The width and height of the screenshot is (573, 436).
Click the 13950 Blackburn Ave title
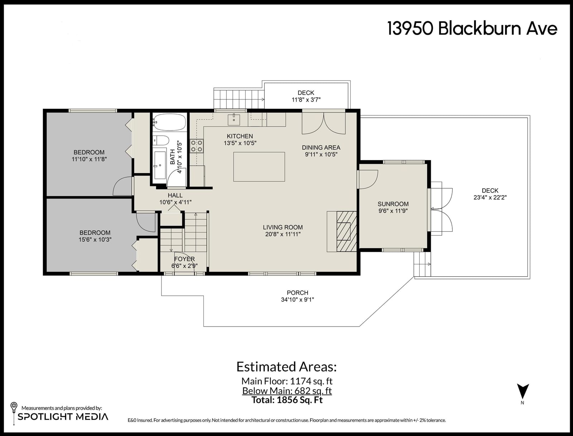point(472,28)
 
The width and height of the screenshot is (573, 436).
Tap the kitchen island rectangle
point(259,167)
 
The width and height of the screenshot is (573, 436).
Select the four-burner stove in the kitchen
point(197,146)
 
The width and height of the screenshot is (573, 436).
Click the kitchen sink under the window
point(233,119)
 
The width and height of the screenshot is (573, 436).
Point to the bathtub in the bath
point(169,122)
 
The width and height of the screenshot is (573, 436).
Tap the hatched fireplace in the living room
point(346,231)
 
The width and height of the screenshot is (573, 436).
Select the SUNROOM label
point(393,204)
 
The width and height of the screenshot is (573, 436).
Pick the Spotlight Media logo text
point(63,416)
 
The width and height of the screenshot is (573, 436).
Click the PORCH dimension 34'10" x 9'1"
point(297,300)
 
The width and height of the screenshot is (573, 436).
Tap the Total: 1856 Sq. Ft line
point(287,400)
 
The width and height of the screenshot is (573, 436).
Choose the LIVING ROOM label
point(283,227)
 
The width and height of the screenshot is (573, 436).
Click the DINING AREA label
point(321,147)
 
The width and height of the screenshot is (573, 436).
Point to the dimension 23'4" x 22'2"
point(490,197)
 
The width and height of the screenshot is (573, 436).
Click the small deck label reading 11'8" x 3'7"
point(306,99)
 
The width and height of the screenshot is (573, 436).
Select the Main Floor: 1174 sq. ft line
point(287,381)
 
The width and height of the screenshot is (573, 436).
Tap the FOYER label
point(184,259)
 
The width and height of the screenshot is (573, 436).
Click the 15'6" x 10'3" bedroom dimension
point(95,239)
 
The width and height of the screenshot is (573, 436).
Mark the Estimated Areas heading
point(286,367)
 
